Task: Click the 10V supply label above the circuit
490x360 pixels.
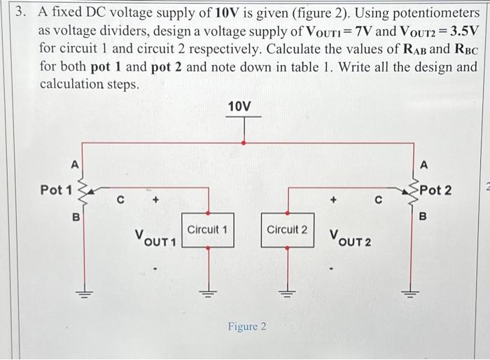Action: tap(239, 106)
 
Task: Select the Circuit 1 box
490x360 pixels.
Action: tap(208, 230)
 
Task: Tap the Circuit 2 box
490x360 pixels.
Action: tap(287, 230)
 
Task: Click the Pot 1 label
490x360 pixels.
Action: tap(56, 190)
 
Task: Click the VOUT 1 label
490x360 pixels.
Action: tap(157, 238)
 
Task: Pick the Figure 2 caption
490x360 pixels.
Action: tap(246, 327)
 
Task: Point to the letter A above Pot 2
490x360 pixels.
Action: tap(423, 165)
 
